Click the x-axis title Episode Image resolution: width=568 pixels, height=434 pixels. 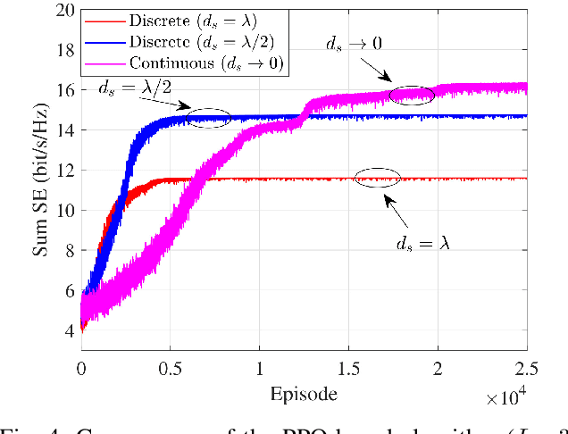pos(305,393)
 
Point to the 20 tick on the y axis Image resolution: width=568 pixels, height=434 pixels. pos(63,11)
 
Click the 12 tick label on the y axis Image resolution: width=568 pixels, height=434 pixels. pos(63,170)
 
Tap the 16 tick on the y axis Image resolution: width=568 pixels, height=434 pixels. pos(63,90)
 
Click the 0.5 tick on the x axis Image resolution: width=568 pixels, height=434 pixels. pos(171,368)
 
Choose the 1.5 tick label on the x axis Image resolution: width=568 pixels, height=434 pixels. pos(349,368)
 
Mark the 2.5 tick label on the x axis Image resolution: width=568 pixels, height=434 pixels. pos(525,368)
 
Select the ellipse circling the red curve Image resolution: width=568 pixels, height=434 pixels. pos(377,178)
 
